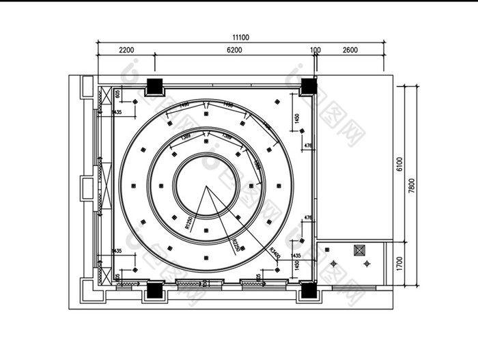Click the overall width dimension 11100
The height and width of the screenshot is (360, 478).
(x=240, y=38)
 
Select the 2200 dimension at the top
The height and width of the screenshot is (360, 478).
(x=126, y=50)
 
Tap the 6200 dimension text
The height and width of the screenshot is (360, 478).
(x=234, y=50)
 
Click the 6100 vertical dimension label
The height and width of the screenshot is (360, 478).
(x=400, y=164)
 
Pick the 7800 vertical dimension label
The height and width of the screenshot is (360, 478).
(x=411, y=186)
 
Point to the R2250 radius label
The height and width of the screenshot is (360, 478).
(x=236, y=245)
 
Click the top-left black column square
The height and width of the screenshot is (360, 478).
(x=155, y=87)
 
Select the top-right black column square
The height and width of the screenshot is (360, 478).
(x=308, y=87)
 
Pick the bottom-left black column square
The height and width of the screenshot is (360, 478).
(x=155, y=290)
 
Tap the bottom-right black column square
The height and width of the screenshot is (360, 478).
(x=308, y=290)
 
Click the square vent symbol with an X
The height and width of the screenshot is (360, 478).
(x=360, y=251)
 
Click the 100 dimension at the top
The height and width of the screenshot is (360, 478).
(x=315, y=50)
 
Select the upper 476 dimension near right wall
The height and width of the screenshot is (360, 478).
(x=308, y=146)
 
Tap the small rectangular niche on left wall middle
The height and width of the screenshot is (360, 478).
(x=87, y=188)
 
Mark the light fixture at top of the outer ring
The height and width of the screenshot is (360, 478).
(x=206, y=104)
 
